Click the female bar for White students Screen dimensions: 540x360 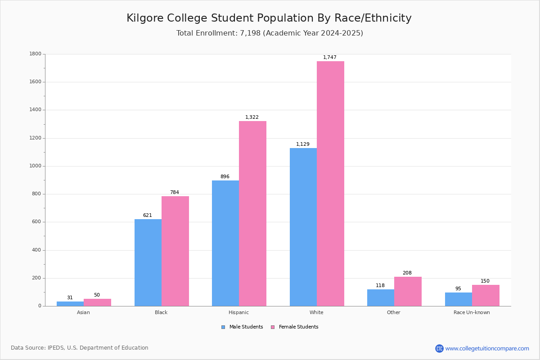pos(330,184)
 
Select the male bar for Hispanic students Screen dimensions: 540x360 pos(225,243)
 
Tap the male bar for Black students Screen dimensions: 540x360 pos(148,262)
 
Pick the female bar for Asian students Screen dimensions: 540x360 pos(97,302)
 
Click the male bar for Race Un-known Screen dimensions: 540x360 pos(459,299)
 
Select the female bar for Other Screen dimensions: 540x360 pos(408,291)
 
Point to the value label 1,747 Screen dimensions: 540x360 pos(329,57)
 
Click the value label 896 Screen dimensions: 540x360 pos(225,176)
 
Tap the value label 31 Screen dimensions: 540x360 pos(70,297)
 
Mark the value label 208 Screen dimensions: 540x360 pos(407,273)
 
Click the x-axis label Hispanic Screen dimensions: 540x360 pos(238,312)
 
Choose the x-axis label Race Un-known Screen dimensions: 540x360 pos(472,312)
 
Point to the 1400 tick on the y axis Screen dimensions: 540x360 pos(36,110)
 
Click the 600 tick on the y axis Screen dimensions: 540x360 pos(36,222)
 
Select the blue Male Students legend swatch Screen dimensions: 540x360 pos(223,327)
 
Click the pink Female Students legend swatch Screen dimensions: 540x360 pos(273,327)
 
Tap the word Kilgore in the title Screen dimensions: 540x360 pos(145,18)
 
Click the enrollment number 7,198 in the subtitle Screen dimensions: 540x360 pos(250,33)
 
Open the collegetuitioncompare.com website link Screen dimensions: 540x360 pos(487,348)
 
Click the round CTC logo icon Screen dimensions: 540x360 pos(439,348)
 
